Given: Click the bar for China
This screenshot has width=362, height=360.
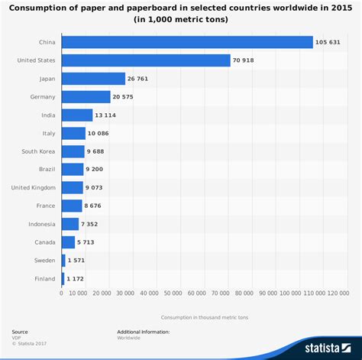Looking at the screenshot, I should (x=187, y=42).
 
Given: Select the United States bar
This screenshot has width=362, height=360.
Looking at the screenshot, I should (x=145, y=60).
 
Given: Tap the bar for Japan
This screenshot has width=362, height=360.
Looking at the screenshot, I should (x=93, y=79).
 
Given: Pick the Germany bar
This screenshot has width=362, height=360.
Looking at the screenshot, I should (x=86, y=97).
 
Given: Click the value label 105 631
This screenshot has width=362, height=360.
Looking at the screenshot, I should (x=329, y=42).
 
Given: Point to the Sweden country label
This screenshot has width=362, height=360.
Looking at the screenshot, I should (x=44, y=261).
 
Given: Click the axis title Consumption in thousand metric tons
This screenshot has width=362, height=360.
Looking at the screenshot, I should (x=205, y=316).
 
